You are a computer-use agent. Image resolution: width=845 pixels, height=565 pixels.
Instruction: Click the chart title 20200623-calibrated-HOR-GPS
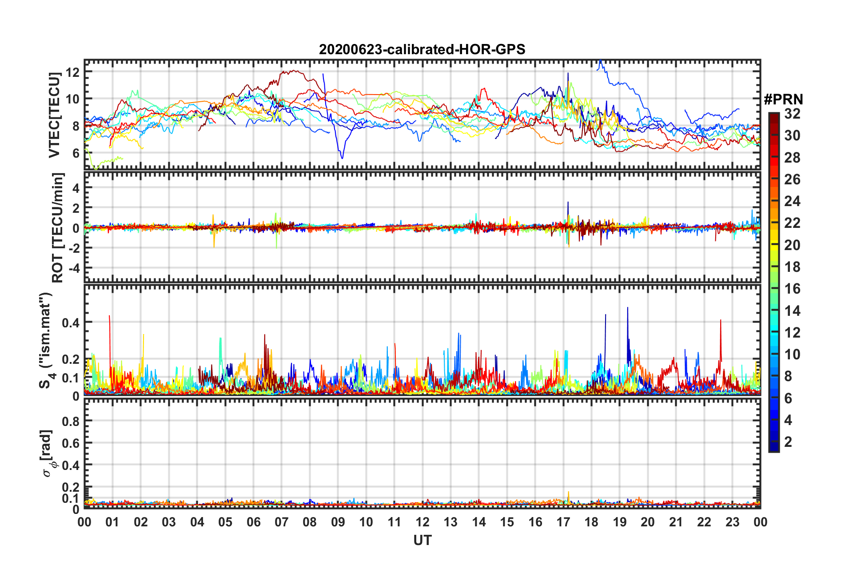pyautogui.click(x=422, y=49)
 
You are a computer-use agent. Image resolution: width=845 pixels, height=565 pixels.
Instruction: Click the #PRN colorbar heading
pyautogui.click(x=783, y=99)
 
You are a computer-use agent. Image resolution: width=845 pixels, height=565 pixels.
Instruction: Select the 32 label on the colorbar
pyautogui.click(x=792, y=114)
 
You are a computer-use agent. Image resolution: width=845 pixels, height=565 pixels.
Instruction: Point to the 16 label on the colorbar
pyautogui.click(x=792, y=289)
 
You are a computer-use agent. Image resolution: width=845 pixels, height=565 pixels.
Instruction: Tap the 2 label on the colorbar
pyautogui.click(x=788, y=442)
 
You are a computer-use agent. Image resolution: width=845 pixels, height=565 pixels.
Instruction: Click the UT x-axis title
pyautogui.click(x=422, y=540)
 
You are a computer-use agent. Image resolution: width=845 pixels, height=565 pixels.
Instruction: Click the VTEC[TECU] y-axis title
pyautogui.click(x=55, y=115)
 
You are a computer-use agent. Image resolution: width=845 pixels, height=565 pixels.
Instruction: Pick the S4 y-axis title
pyautogui.click(x=47, y=340)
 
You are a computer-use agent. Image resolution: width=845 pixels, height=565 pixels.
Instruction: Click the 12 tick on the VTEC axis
pyautogui.click(x=72, y=72)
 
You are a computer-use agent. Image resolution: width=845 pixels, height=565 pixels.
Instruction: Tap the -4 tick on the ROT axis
pyautogui.click(x=73, y=268)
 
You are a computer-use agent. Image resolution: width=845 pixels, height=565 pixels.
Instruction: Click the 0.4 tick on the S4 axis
pyautogui.click(x=71, y=322)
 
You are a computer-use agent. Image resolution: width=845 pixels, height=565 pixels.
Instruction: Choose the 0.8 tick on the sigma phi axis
pyautogui.click(x=71, y=421)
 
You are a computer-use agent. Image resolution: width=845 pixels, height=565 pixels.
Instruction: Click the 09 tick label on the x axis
pyautogui.click(x=338, y=522)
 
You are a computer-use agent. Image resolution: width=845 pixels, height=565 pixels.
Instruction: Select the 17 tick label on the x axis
pyautogui.click(x=563, y=522)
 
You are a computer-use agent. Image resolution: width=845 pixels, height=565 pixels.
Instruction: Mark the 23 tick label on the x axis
pyautogui.click(x=732, y=522)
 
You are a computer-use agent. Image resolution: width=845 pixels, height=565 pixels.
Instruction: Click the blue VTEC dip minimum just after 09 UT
pyautogui.click(x=342, y=158)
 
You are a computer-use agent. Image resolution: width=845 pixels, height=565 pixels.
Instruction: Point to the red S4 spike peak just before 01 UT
pyautogui.click(x=109, y=316)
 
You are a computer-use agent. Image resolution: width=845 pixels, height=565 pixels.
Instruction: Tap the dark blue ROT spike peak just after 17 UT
pyautogui.click(x=568, y=202)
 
